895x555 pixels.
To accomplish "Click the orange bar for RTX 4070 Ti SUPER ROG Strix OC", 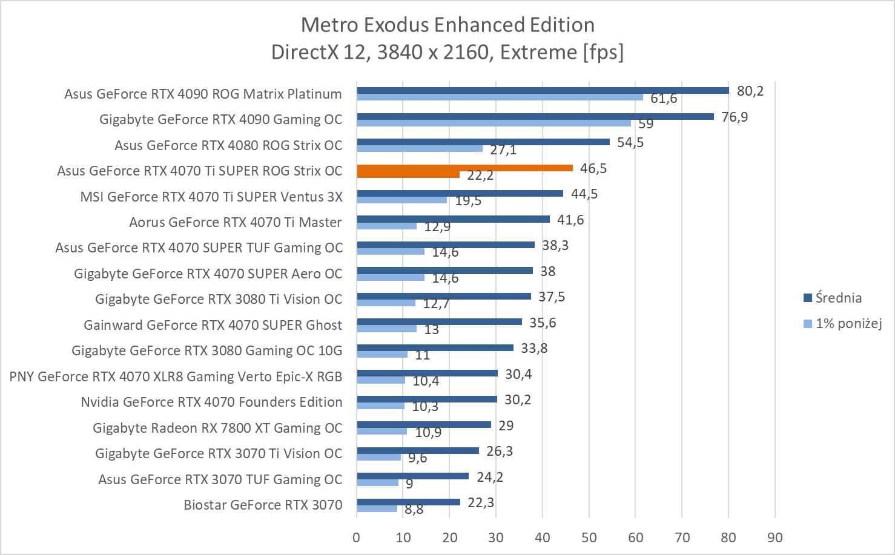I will (x=464, y=168).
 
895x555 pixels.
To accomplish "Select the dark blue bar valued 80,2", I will (x=543, y=91).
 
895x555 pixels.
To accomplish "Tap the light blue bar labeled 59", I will (x=494, y=123).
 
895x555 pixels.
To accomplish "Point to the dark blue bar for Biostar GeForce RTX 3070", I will (x=408, y=502).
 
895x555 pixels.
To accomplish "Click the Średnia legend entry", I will (x=838, y=298).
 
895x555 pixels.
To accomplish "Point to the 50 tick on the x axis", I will (x=589, y=537).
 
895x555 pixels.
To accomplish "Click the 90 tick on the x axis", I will (x=774, y=537).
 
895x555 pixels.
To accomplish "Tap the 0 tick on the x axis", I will (x=357, y=537).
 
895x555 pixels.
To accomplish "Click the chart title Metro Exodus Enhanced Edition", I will (x=447, y=25).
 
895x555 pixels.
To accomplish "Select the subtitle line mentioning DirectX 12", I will (x=447, y=52).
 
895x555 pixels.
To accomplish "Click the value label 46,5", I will (x=593, y=168).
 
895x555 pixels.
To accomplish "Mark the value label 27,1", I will (x=503, y=149).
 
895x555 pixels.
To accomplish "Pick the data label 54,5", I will (x=630, y=142).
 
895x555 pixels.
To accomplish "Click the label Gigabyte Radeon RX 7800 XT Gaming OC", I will (x=217, y=428).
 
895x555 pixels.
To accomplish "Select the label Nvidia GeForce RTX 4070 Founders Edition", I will (x=211, y=402).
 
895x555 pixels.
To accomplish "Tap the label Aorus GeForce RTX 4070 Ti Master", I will (x=236, y=222).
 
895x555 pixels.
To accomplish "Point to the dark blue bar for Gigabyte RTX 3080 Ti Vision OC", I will (x=444, y=297).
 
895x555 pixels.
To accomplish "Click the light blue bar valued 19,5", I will (x=402, y=200).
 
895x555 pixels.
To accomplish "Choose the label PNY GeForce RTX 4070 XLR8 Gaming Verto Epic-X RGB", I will (x=176, y=376).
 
